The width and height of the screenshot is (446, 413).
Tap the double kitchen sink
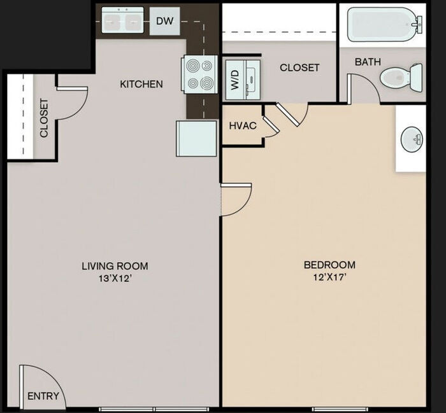(122, 22)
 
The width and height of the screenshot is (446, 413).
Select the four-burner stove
(199, 74)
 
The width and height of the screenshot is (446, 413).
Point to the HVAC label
(243, 125)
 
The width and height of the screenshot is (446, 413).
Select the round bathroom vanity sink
(412, 137)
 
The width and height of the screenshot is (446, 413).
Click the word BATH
(368, 62)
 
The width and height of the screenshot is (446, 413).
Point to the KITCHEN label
(141, 84)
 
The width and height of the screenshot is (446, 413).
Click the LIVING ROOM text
(115, 265)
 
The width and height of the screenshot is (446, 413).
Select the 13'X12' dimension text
(115, 278)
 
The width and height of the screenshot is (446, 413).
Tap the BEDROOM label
(329, 265)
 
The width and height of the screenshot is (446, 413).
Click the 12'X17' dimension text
(329, 277)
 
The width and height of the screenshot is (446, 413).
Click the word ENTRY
(43, 396)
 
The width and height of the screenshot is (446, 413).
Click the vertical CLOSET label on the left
(44, 118)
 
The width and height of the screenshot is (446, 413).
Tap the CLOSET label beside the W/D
(299, 67)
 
